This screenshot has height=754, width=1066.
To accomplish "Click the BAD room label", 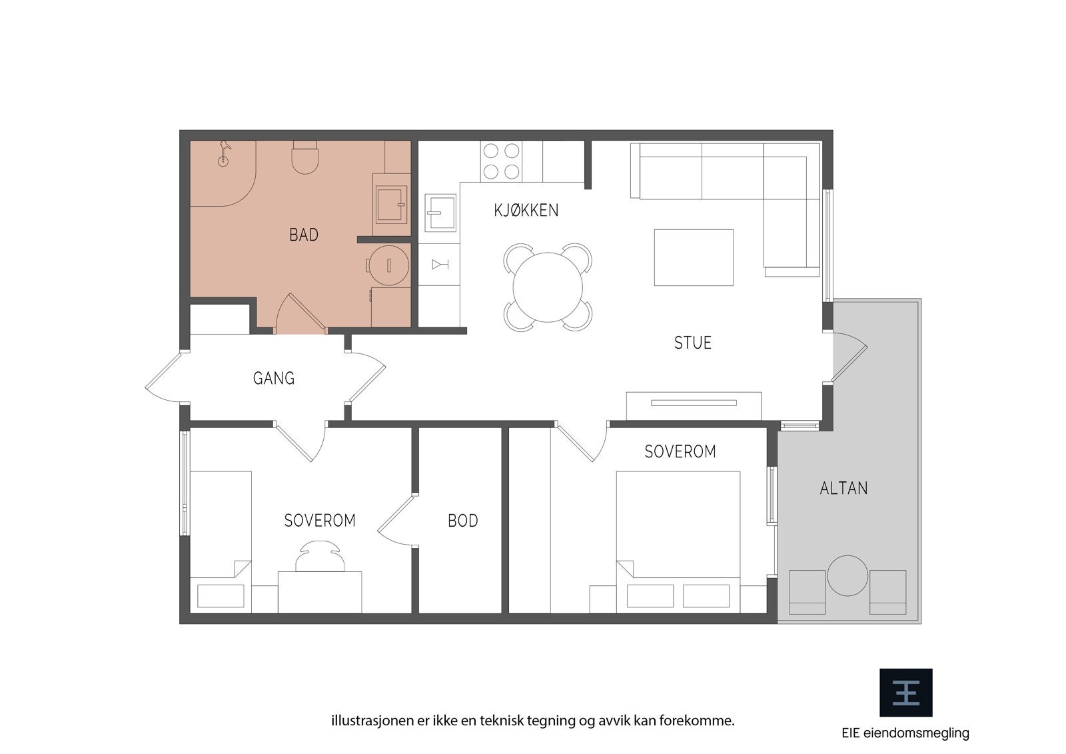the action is [304, 235].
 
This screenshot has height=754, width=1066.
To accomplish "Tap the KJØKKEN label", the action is [526, 210].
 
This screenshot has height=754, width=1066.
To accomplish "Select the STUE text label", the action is [692, 343].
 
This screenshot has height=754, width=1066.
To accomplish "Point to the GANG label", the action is [274, 378].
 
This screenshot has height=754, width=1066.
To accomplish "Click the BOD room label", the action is [462, 521].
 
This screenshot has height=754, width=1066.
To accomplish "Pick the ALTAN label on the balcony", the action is [843, 488].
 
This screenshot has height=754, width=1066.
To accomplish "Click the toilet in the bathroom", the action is [304, 157].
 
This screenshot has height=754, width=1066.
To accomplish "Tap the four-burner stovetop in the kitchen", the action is [501, 161].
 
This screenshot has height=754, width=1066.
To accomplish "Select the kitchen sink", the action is [440, 213].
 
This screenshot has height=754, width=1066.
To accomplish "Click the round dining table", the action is [548, 287].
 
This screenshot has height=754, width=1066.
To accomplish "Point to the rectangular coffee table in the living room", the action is [694, 257].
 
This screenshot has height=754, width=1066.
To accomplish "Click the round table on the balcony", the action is [847, 575].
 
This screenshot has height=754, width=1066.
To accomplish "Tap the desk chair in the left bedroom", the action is [320, 556].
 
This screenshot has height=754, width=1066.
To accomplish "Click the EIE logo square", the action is [905, 693].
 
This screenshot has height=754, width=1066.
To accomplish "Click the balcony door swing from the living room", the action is [850, 357].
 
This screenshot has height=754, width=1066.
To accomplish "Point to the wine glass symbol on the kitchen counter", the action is [440, 265].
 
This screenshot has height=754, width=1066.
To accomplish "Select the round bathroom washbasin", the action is [389, 265].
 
